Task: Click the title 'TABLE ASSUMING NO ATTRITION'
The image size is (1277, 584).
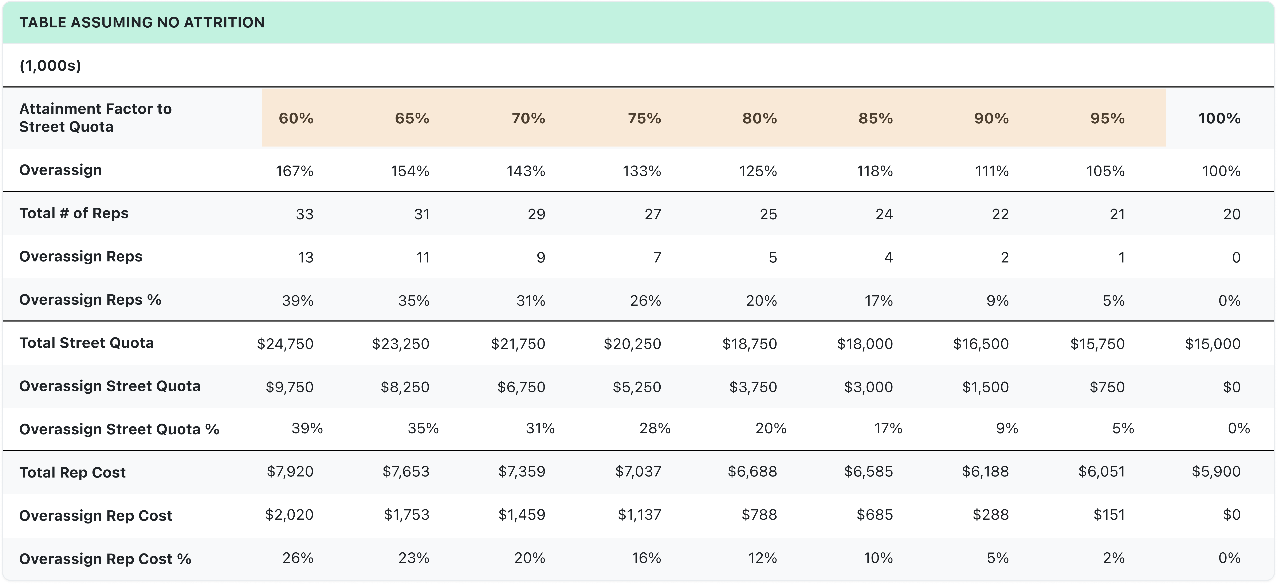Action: (x=142, y=22)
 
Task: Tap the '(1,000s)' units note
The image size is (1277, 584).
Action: (x=50, y=66)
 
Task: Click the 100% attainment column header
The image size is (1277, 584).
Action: (x=1219, y=118)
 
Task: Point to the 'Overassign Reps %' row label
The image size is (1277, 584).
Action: (x=90, y=300)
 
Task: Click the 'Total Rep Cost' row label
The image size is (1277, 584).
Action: (x=72, y=472)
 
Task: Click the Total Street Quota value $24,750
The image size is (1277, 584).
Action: (x=285, y=344)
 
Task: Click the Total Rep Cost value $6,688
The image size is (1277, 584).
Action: (x=752, y=471)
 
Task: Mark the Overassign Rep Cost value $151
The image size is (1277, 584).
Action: (x=1109, y=515)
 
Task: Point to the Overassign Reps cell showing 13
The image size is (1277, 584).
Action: (x=305, y=257)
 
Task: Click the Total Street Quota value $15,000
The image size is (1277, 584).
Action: (x=1213, y=344)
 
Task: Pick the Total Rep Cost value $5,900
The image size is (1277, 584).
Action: (x=1215, y=471)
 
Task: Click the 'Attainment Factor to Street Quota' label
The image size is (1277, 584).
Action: (x=95, y=118)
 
